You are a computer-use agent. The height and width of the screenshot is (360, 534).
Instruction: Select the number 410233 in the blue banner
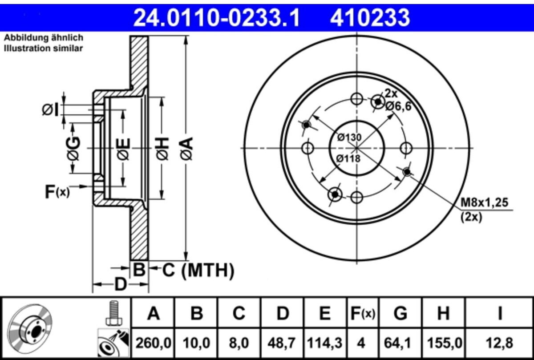tap(370, 17)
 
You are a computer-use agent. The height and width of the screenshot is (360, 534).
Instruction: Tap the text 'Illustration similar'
tap(44, 49)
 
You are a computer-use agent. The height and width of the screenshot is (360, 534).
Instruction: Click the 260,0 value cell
tap(153, 343)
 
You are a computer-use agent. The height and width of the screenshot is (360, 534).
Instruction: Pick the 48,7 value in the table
tap(283, 343)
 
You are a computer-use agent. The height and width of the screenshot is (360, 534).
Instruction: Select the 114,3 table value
tap(325, 343)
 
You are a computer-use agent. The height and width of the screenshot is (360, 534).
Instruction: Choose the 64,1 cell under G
tap(400, 343)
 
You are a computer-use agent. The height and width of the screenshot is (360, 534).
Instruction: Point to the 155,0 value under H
tap(445, 343)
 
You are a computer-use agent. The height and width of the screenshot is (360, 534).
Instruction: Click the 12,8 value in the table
tap(499, 343)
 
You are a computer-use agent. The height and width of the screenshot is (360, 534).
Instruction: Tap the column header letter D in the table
tap(283, 313)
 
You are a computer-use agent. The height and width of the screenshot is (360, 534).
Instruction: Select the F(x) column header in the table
tap(363, 314)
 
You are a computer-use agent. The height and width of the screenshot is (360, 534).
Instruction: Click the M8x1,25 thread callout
tap(484, 202)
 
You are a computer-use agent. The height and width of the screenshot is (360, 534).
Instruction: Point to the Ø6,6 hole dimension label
tap(398, 106)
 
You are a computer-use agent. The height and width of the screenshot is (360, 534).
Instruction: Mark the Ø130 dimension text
tap(349, 138)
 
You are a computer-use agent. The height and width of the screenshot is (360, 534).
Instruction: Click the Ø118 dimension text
tap(348, 159)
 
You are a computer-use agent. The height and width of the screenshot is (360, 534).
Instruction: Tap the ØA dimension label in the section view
tap(186, 148)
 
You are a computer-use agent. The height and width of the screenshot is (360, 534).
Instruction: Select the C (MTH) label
tap(198, 271)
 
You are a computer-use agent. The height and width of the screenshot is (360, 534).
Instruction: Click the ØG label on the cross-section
tap(73, 148)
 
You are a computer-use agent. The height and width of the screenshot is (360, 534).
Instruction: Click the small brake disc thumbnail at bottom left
tap(29, 330)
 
